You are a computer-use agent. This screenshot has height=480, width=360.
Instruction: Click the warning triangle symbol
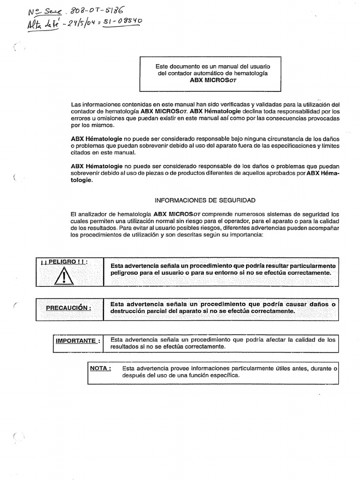66,275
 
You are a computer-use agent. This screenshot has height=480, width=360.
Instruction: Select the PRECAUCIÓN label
68,307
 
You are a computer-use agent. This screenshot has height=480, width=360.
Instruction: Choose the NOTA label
101,368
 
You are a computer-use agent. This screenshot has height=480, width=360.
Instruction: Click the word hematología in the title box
251,74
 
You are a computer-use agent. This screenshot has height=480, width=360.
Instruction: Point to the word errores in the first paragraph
80,119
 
